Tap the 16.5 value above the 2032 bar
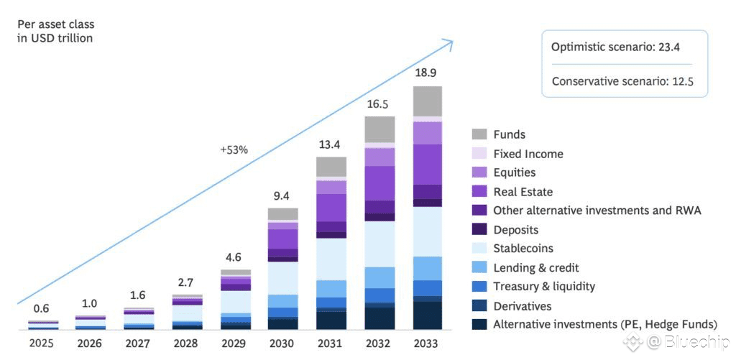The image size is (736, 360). pyautogui.click(x=379, y=104)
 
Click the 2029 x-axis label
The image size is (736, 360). pyautogui.click(x=234, y=343)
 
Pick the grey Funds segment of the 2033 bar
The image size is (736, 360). pyautogui.click(x=427, y=101)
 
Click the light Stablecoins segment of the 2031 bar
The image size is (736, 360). pyautogui.click(x=331, y=259)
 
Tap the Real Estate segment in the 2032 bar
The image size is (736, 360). pyautogui.click(x=379, y=183)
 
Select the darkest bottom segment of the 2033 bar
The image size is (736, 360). pyautogui.click(x=427, y=315)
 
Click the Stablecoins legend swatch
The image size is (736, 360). pyautogui.click(x=479, y=249)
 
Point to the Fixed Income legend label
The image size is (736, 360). pyautogui.click(x=528, y=154)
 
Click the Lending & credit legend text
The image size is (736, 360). pyautogui.click(x=536, y=267)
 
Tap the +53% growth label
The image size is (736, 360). pyautogui.click(x=234, y=150)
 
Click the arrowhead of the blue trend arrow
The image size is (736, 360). pyautogui.click(x=450, y=42)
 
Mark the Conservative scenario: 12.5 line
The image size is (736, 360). pyautogui.click(x=622, y=81)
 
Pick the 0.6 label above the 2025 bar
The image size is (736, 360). pyautogui.click(x=42, y=309)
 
